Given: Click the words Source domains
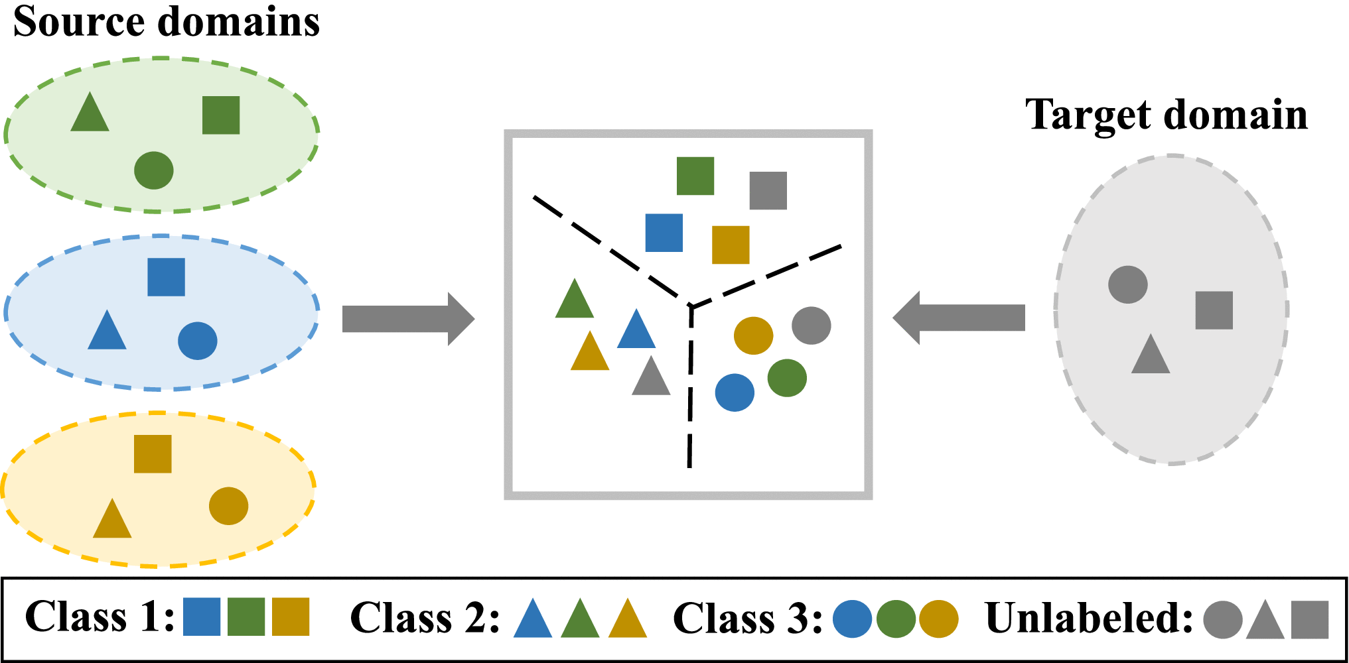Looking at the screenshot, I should pyautogui.click(x=166, y=22).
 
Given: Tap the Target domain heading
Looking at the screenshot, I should pyautogui.click(x=1166, y=115).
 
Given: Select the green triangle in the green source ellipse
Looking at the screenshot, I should pyautogui.click(x=90, y=115).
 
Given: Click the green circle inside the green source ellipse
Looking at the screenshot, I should pyautogui.click(x=154, y=170).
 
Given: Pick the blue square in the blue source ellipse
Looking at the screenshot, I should pyautogui.click(x=166, y=277).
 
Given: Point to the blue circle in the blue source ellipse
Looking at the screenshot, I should pyautogui.click(x=198, y=341).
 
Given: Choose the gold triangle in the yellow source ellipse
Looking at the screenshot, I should pyautogui.click(x=112, y=521).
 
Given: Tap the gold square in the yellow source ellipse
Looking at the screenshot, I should pyautogui.click(x=153, y=454).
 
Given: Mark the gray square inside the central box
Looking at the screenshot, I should pyautogui.click(x=768, y=191).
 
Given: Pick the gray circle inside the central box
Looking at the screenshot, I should pyautogui.click(x=811, y=326).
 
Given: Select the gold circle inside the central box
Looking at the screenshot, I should pyautogui.click(x=753, y=335).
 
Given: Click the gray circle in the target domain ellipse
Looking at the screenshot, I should pyautogui.click(x=1127, y=285).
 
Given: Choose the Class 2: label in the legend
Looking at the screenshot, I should pyautogui.click(x=425, y=618).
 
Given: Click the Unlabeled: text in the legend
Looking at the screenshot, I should pyautogui.click(x=1088, y=618).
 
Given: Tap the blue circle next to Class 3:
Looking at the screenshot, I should pyautogui.click(x=852, y=619).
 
